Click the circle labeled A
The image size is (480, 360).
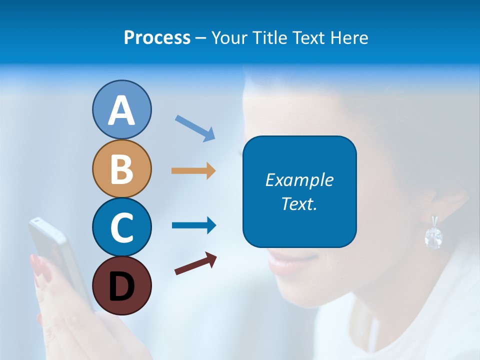coord(121,109)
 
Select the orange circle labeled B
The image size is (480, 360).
coord(121,168)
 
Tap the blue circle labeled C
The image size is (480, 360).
coord(121,227)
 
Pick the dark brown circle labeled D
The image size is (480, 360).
coord(121,285)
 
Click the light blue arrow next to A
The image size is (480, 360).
coord(195,128)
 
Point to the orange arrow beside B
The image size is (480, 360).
coord(193,170)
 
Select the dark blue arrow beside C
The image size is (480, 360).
coord(194,225)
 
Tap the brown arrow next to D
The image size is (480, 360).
coord(195,263)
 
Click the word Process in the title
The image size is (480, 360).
coord(157,37)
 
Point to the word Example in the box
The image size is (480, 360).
coord(299,180)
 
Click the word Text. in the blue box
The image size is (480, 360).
coord(299,203)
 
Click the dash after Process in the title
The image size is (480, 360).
coord(201,38)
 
